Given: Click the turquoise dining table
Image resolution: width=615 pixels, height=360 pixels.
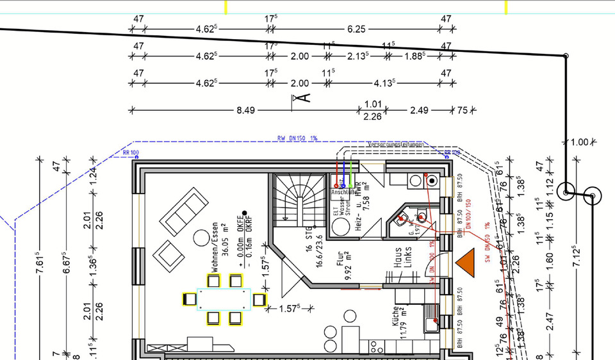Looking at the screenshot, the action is pos(224,299).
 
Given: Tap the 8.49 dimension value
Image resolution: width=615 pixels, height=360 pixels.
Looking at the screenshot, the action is pos(245,110).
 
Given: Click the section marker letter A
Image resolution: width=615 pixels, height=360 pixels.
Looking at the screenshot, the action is pos(301,97).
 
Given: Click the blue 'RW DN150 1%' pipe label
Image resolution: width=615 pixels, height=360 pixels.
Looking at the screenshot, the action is pos(297,138).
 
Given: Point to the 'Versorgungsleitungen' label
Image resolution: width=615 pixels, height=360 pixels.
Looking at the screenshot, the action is pos(395,145).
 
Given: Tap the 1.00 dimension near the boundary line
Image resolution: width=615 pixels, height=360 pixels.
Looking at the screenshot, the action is pos(579,142).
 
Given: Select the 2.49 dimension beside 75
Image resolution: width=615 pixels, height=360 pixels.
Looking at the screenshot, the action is pos(418,110).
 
